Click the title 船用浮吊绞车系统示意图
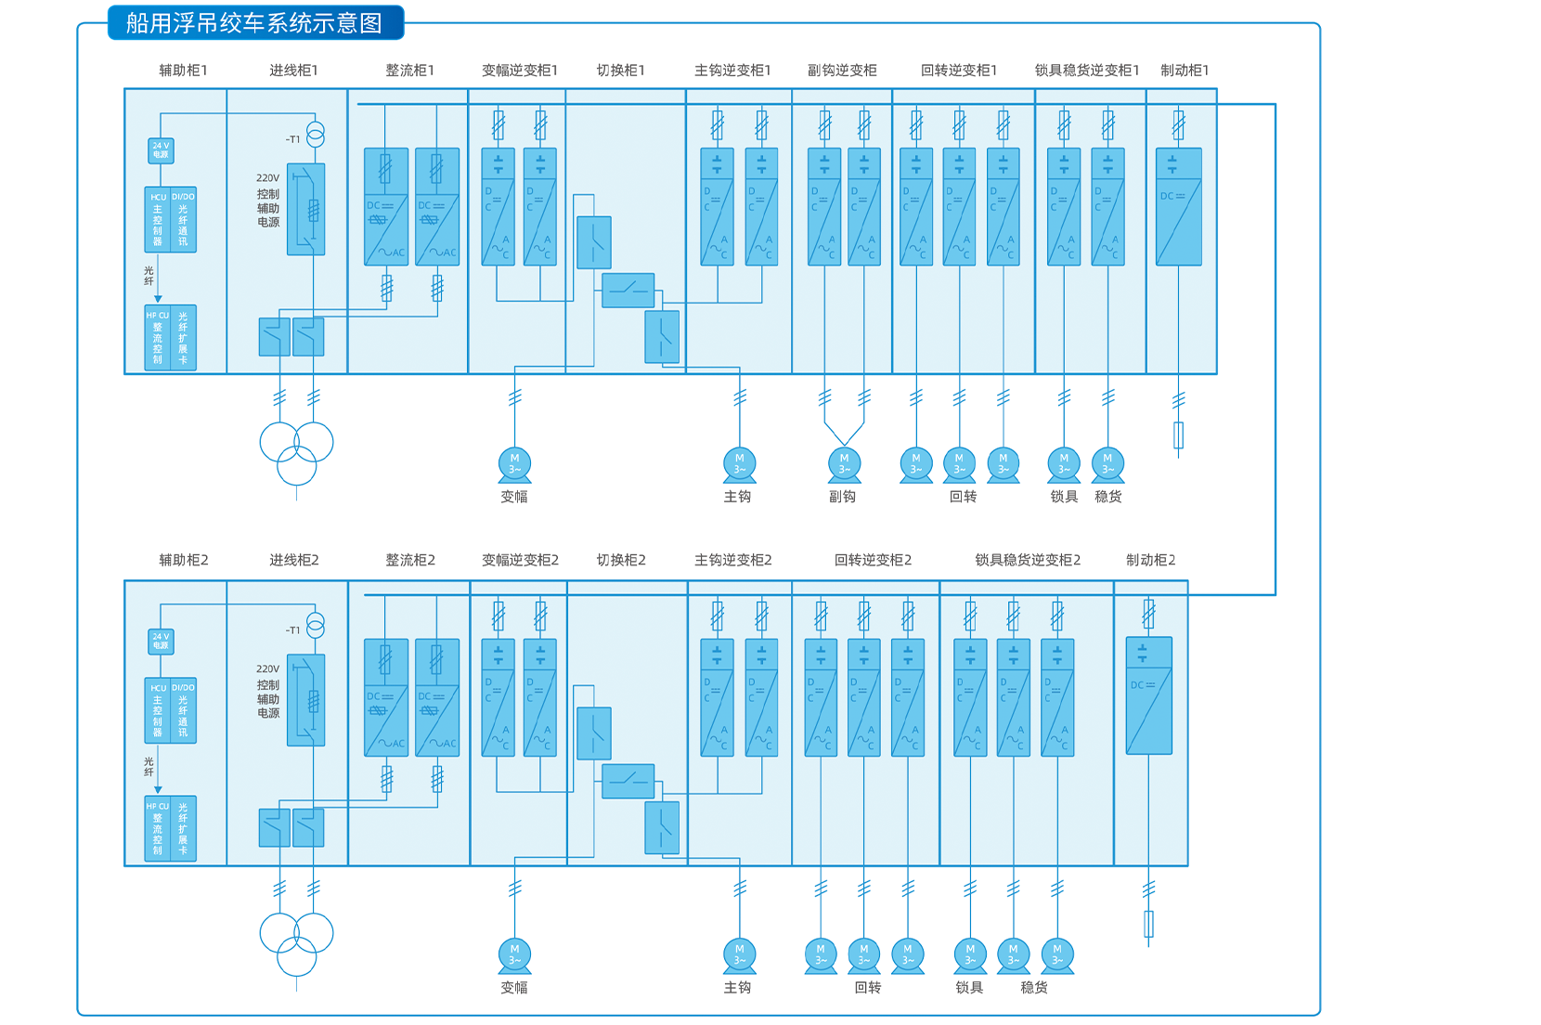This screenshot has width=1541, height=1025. (255, 22)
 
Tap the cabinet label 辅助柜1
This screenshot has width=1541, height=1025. (183, 71)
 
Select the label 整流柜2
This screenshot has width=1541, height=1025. (410, 560)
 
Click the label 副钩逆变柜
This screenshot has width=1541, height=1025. (842, 71)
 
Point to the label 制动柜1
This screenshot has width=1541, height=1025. (1185, 71)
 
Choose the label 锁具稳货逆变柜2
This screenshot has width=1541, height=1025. (1028, 560)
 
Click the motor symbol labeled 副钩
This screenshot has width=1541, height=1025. (844, 464)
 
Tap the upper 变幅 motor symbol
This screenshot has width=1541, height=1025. (514, 464)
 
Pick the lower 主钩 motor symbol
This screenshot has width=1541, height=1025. (739, 955)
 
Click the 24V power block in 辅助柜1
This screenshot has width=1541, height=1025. (161, 150)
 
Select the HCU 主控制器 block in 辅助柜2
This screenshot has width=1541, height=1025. (158, 711)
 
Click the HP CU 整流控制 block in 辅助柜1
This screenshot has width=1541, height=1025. (158, 338)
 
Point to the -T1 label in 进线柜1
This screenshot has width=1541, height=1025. (292, 139)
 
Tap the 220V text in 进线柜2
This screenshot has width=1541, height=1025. (267, 668)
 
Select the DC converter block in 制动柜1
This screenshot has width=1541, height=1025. (1178, 207)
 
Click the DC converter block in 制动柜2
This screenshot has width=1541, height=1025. (1148, 695)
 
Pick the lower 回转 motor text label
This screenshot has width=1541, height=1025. (868, 988)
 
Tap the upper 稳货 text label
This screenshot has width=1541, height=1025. (1108, 497)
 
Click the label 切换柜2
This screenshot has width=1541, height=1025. (621, 560)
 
